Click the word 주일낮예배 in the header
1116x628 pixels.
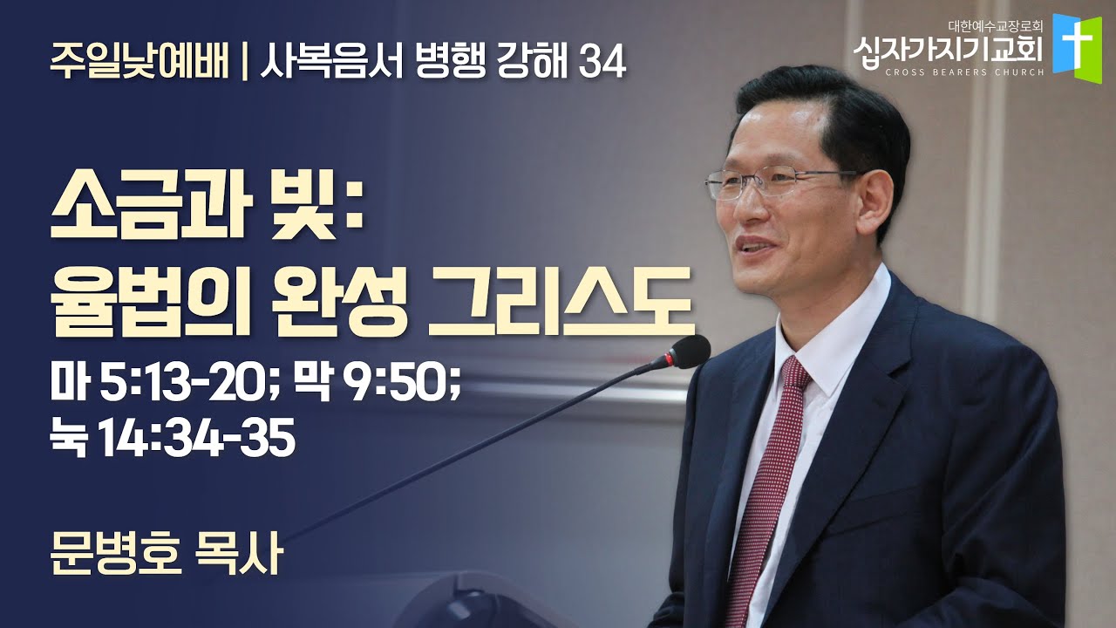click(139, 63)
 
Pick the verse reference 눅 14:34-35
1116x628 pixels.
click(173, 440)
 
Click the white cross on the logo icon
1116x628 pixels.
click(1077, 43)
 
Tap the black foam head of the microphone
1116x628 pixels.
click(689, 352)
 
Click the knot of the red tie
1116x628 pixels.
click(795, 375)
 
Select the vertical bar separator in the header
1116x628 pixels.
click(244, 64)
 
